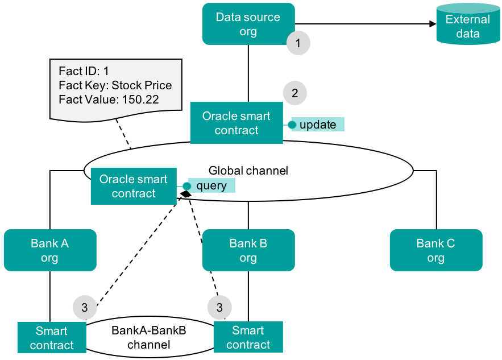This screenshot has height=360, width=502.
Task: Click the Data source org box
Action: click(248, 24)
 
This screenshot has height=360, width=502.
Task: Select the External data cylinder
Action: click(467, 25)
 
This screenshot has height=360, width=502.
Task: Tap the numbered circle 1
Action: click(298, 43)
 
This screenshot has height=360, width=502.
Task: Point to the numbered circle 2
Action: click(294, 93)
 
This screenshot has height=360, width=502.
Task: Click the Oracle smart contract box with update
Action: click(236, 123)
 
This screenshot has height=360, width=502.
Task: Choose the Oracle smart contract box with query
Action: click(133, 186)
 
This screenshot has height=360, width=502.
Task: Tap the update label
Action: click(318, 125)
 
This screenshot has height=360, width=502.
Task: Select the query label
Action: click(211, 186)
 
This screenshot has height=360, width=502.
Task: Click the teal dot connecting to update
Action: click(292, 125)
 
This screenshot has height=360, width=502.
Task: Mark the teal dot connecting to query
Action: click(186, 186)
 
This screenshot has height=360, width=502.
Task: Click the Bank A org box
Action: click(49, 250)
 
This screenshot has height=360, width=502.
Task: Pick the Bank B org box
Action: click(248, 250)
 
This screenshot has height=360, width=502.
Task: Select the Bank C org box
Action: click(435, 250)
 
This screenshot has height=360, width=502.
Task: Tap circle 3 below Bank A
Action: click(85, 308)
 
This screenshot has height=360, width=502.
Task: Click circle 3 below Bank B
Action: click(219, 308)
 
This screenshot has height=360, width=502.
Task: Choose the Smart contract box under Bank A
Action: click(52, 338)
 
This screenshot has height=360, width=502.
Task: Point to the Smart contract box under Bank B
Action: click(248, 337)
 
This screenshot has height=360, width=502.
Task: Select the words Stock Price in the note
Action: click(142, 86)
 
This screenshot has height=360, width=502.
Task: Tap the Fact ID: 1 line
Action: click(84, 72)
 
